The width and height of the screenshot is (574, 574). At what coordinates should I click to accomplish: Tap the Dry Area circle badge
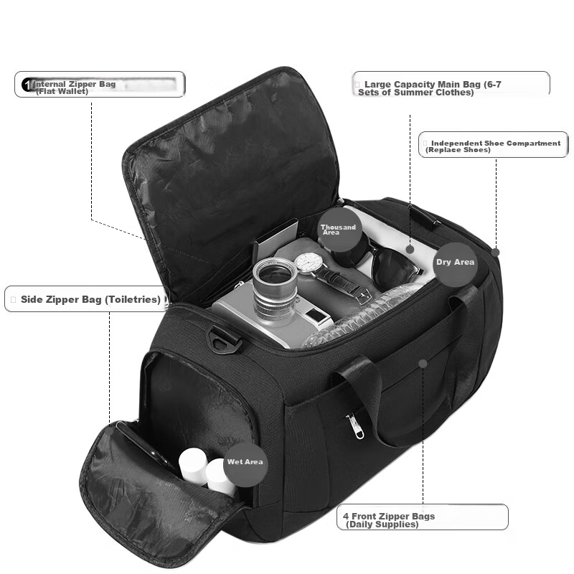click(x=456, y=262)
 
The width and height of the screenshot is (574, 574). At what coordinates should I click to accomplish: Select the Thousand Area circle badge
click(x=339, y=229)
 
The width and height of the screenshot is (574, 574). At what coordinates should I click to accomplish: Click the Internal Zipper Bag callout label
click(x=100, y=85)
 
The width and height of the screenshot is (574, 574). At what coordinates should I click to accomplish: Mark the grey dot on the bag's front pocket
click(x=423, y=364)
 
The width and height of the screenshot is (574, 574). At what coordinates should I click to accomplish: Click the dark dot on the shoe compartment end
click(x=495, y=253)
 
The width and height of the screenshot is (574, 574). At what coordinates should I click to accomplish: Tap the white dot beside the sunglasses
click(x=410, y=249)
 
